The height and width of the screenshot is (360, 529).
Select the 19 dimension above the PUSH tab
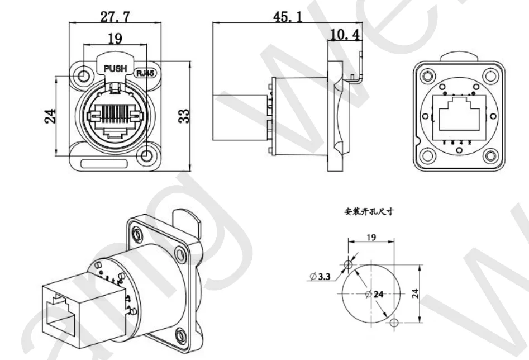click(x=115, y=39)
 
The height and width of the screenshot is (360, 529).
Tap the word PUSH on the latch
click(x=116, y=69)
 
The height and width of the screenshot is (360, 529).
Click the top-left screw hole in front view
click(x=84, y=75)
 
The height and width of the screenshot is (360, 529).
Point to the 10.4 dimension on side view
click(x=345, y=36)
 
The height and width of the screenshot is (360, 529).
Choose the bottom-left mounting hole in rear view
click(x=427, y=157)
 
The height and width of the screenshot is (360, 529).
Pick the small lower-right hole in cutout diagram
click(x=395, y=323)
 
